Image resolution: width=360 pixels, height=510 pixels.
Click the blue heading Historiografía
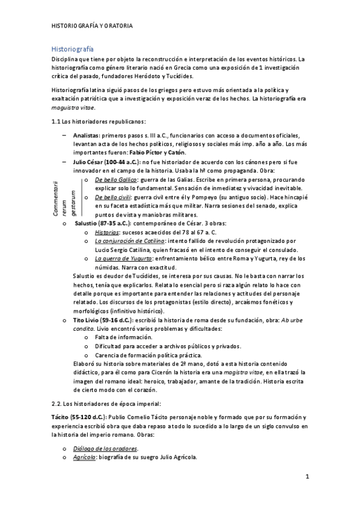72,48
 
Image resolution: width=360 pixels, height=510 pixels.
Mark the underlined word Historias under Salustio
107,232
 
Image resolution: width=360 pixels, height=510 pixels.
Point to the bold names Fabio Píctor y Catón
129,153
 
